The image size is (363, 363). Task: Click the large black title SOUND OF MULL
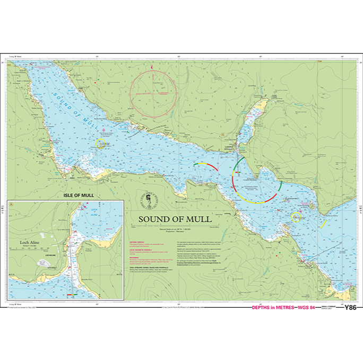tap(175, 219)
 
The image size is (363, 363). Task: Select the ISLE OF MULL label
tap(79, 195)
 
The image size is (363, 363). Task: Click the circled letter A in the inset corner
tap(12, 204)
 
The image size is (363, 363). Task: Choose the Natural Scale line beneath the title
tap(175, 227)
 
